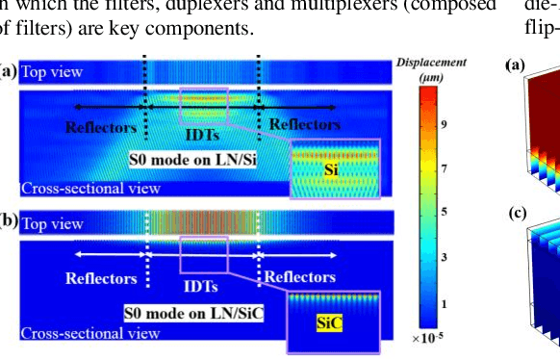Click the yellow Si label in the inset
pyautogui.click(x=331, y=170)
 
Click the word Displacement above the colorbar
pyautogui.click(x=431, y=63)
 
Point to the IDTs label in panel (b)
pyautogui.click(x=200, y=286)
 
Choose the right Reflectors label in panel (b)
pyautogui.click(x=300, y=278)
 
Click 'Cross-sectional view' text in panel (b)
pyautogui.click(x=90, y=334)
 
